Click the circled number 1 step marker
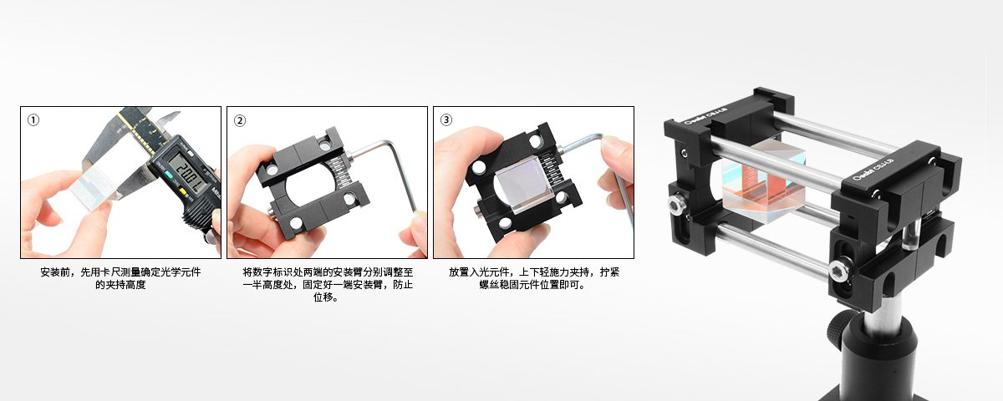point(33,120)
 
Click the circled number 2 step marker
point(240,120)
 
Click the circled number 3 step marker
point(446,119)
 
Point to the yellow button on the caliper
point(183,193)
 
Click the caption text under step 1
point(120,278)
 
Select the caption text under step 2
point(328,285)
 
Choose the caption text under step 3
point(534,278)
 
